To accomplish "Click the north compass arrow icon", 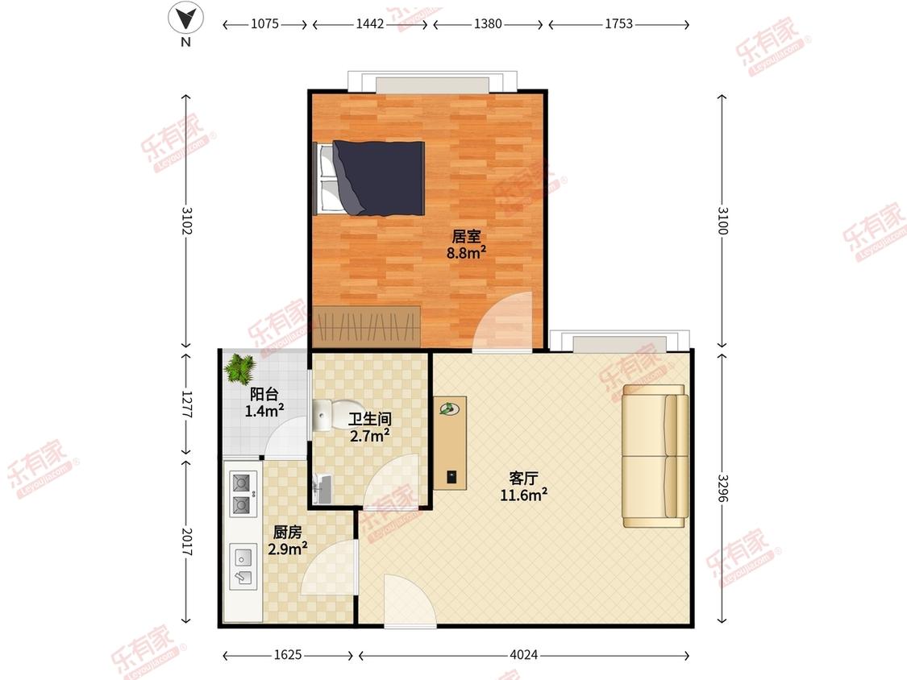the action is [x=185, y=19].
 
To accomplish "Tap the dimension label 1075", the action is [x=265, y=24].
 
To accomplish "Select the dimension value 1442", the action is [x=369, y=24].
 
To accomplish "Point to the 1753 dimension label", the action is [x=619, y=24].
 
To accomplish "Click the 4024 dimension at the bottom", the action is [x=524, y=654].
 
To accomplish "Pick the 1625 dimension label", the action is [x=288, y=654].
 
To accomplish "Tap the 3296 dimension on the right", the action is [x=722, y=489].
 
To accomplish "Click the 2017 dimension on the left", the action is [x=186, y=541].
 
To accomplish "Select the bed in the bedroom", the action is [x=369, y=178].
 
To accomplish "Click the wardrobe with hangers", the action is [x=367, y=326].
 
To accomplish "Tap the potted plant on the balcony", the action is [x=239, y=368].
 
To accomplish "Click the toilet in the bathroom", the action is [x=322, y=415].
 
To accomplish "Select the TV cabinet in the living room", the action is [x=450, y=443].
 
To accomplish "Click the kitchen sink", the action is [x=243, y=566].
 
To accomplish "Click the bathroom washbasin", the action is [x=321, y=489].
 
